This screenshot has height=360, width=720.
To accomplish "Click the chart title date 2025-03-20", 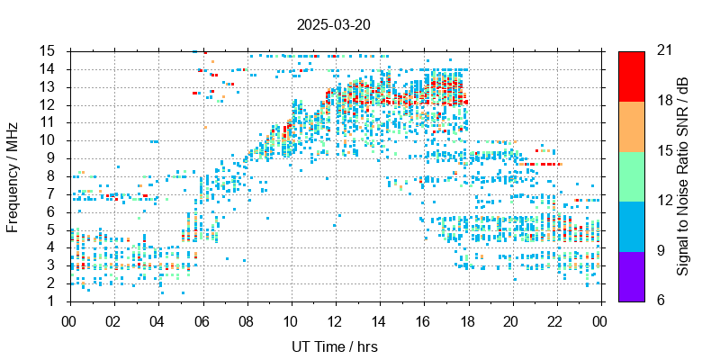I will (x=333, y=24).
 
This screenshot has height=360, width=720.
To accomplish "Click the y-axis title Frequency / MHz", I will (x=13, y=175).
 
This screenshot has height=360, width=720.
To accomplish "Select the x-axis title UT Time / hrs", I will (x=333, y=346).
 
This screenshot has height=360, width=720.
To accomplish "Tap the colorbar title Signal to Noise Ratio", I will (x=683, y=175).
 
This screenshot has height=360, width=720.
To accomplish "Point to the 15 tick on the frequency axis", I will (x=49, y=50).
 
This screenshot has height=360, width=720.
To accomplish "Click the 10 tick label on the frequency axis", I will (x=49, y=139).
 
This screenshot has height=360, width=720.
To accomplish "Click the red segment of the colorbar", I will (x=631, y=76).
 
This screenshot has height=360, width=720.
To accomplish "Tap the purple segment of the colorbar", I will (x=631, y=275).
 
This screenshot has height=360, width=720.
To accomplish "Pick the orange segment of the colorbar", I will (x=631, y=125).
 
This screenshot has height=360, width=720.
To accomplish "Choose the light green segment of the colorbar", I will (x=631, y=175).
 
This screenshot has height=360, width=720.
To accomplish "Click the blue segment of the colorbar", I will (x=631, y=225).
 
